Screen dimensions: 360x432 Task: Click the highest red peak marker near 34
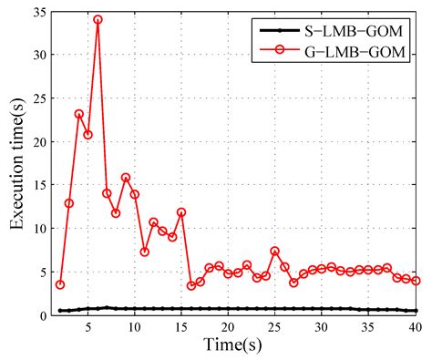98,19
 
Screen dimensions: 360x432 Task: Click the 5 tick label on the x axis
87,328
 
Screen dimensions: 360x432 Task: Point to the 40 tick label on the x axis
415,328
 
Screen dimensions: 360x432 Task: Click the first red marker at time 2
60,284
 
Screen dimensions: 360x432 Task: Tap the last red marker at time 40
416,281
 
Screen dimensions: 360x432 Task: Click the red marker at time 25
275,251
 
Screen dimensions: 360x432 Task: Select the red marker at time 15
181,212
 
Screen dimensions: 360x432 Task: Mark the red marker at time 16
191,285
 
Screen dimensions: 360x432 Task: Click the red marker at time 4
79,114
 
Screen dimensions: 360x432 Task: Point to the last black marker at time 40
416,311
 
